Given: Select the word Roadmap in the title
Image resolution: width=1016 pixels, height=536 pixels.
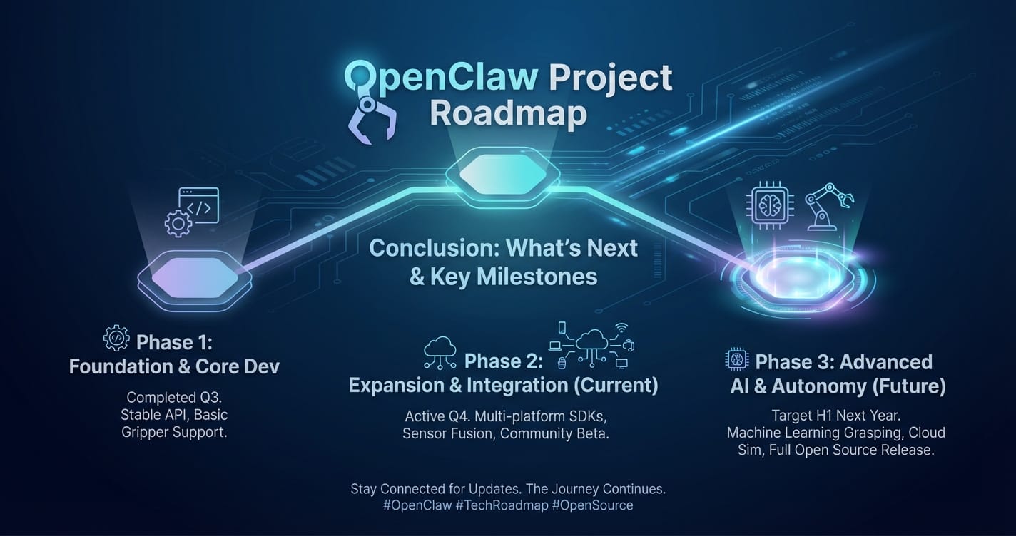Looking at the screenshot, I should pyautogui.click(x=508, y=115).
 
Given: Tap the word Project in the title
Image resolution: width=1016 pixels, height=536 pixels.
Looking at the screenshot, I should pyautogui.click(x=609, y=77).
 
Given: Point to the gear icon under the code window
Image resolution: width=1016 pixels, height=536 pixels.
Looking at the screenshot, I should pyautogui.click(x=177, y=224).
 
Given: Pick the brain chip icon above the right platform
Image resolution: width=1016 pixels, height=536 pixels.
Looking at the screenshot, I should pyautogui.click(x=769, y=206).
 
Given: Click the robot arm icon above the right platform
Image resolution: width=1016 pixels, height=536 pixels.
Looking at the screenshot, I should pyautogui.click(x=828, y=206).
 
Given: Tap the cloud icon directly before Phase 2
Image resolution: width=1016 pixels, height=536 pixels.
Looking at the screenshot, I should pyautogui.click(x=440, y=350).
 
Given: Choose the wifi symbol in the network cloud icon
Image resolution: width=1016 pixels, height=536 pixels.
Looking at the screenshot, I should pyautogui.click(x=621, y=329).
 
